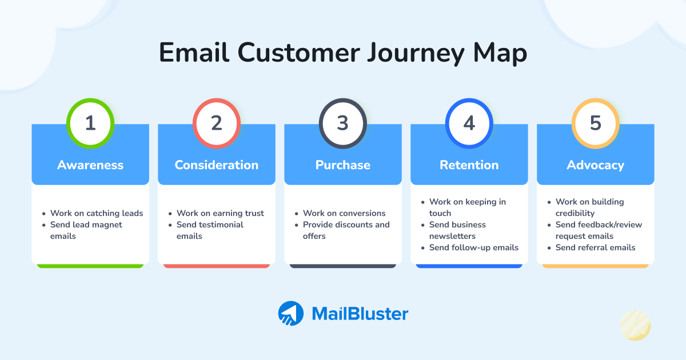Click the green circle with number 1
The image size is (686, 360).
[x=90, y=123]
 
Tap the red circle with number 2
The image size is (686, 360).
[x=217, y=123]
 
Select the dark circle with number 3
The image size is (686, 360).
[x=343, y=123]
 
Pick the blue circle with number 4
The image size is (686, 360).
[x=469, y=123]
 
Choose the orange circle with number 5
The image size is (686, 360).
[x=596, y=123]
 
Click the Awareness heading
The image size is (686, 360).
[x=90, y=165]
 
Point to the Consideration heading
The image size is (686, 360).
[x=217, y=165]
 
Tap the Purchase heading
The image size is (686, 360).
[x=343, y=165]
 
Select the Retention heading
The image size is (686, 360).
[x=469, y=165]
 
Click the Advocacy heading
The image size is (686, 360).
[x=596, y=165]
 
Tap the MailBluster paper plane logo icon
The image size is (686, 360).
[x=291, y=314]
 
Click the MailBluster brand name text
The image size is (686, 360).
[x=360, y=314]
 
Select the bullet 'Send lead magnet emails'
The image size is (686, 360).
[x=86, y=230]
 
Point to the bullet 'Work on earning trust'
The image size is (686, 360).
[x=220, y=213]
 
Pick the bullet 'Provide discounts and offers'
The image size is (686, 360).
[x=346, y=230]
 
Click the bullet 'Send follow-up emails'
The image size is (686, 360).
[x=474, y=247]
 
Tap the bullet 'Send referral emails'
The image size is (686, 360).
[x=595, y=247]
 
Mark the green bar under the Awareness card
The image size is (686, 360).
[x=90, y=266]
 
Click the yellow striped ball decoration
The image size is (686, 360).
[x=635, y=326]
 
